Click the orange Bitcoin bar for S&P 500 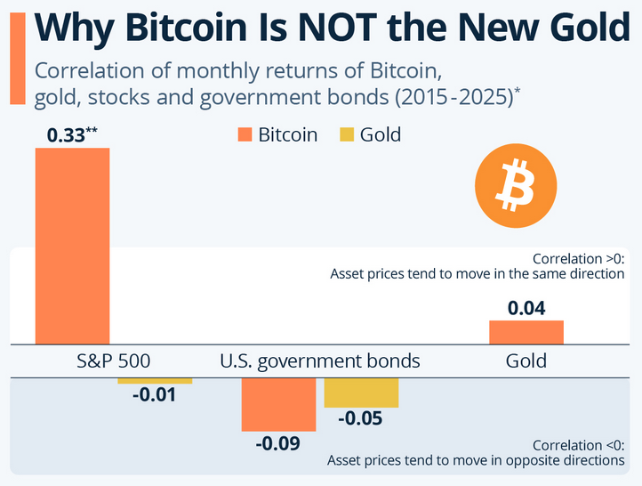pos(73,246)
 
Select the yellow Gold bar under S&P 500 pos(155,381)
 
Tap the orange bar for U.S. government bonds pos(278,404)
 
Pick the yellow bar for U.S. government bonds pos(360,393)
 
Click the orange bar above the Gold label pos(526,332)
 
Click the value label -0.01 pos(155,394)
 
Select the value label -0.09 pos(277,442)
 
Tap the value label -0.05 pos(359,418)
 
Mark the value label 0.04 pos(526,308)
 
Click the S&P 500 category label pos(113,361)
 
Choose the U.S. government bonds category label pos(319,361)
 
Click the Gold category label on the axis pos(526,361)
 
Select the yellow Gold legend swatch pos(347,135)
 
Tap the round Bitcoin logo pos(515,185)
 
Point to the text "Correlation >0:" pos(578,258)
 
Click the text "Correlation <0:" pos(578,445)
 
